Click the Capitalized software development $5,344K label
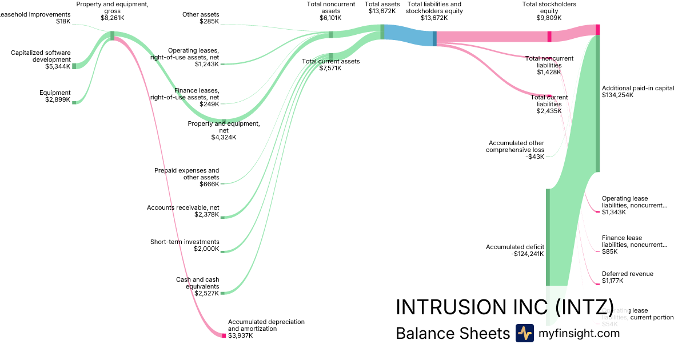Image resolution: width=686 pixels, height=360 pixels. point(41,59)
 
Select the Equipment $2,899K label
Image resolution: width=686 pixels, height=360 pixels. point(55,96)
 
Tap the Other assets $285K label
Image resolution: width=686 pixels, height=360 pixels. point(201,18)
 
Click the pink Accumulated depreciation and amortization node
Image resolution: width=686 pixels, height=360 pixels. point(224,335)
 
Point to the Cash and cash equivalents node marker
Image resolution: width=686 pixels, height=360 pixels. point(223,293)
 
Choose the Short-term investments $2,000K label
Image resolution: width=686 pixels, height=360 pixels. point(185,245)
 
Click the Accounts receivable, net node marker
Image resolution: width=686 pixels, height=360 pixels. point(223,217)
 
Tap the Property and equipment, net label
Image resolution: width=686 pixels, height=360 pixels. point(224,130)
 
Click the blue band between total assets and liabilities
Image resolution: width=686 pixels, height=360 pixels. point(409,35)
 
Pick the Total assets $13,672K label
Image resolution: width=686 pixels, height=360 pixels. point(382,7)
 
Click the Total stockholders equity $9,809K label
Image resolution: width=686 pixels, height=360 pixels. point(549,11)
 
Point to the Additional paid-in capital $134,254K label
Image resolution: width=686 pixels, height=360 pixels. point(638,91)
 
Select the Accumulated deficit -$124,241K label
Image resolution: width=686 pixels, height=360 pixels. point(515,250)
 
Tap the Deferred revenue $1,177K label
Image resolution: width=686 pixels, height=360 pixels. point(627,277)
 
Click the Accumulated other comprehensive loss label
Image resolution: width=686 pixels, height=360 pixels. point(515,150)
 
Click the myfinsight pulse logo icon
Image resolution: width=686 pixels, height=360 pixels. point(524,333)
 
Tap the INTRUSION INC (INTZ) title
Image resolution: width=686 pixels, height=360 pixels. point(505,307)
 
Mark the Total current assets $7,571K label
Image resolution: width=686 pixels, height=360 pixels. point(331,65)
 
